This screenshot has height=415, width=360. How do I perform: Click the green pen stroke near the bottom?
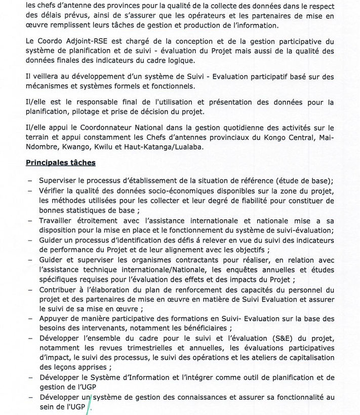tap(89, 403)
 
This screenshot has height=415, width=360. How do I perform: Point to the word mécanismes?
tap(49, 86)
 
